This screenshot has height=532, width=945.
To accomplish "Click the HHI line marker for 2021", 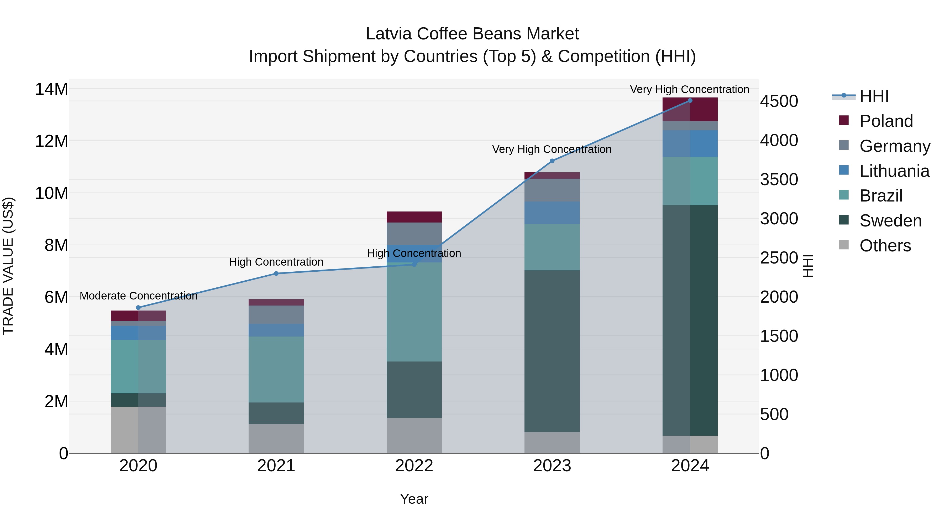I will [276, 273].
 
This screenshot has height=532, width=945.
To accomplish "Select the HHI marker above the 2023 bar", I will [552, 161].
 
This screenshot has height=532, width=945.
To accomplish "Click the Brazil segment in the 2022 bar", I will [414, 312].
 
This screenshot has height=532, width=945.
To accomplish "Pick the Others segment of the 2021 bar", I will [276, 438].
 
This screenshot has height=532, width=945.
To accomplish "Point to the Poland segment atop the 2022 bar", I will [414, 217].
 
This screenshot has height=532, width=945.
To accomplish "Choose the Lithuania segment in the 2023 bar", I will [552, 213].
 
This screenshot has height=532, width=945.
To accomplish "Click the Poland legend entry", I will [886, 121].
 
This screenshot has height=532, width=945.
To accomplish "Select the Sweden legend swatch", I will [844, 220].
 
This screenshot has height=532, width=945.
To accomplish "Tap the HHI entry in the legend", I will [874, 96].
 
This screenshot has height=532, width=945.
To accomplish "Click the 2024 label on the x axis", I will [690, 466].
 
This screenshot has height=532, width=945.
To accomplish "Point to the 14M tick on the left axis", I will [51, 89].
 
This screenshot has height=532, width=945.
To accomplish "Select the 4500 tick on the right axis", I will [779, 101].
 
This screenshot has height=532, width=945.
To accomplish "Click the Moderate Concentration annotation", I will [138, 296].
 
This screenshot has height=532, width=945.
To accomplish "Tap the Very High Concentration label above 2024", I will [689, 90].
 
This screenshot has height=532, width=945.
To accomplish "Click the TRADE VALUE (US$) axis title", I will [8, 266].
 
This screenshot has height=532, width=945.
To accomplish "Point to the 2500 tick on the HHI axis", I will [779, 258].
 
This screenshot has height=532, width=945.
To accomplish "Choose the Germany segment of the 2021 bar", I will [276, 315].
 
